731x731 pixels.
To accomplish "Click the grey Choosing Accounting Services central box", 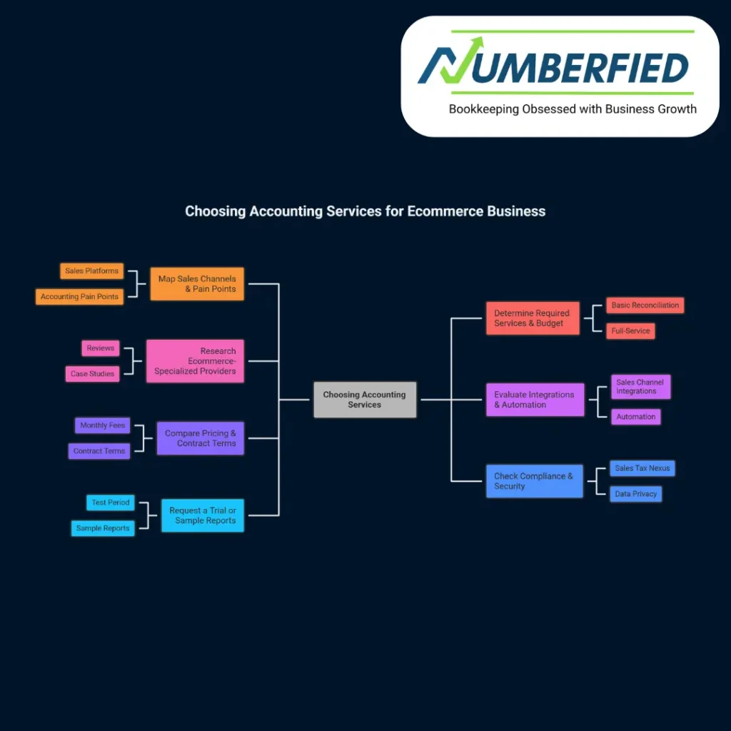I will point(365,400).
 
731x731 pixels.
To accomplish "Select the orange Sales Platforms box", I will point(91,271).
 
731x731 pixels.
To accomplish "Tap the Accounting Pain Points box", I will point(79,297).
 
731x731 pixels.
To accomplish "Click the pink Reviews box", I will point(100,348).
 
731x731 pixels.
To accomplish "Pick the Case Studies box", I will point(92,374).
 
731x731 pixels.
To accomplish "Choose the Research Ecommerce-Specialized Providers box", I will point(195,361).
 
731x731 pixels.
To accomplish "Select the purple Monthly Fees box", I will point(102,425).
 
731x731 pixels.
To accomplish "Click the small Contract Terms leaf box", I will point(99,451).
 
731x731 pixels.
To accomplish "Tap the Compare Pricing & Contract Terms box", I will point(200,438).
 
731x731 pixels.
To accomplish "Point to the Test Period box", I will point(110,503).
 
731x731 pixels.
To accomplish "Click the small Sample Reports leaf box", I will point(103,528).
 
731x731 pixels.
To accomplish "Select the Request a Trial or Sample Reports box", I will point(203,515).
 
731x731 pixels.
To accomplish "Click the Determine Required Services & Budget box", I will point(532,318).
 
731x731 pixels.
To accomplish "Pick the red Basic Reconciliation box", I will point(645,306).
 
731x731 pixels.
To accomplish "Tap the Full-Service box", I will point(630,331).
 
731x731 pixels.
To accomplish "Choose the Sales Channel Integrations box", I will point(640,387).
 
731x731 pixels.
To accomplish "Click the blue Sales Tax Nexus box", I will point(642,468).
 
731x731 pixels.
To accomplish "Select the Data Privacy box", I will point(635,494).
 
